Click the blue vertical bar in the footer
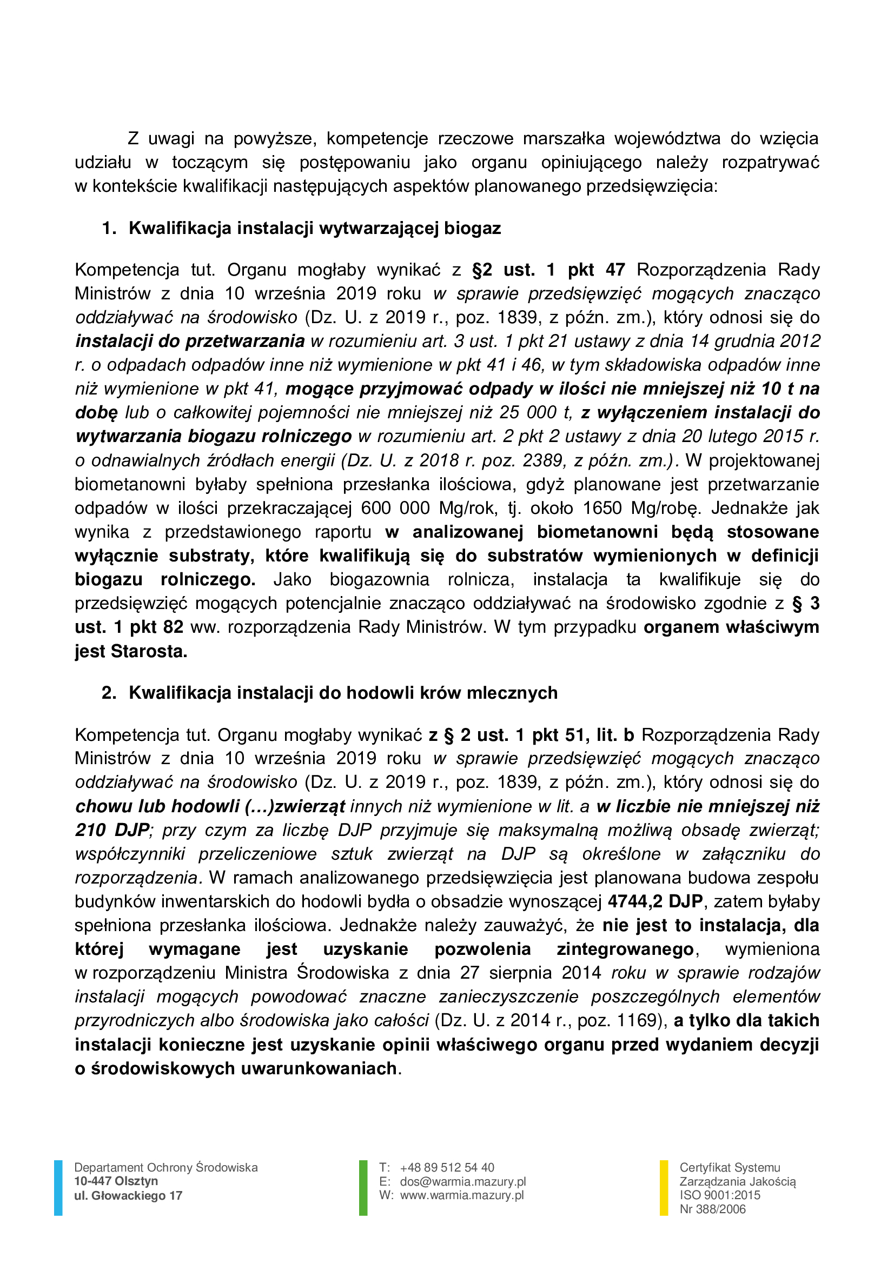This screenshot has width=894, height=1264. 58,1187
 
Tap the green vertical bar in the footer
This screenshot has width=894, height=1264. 363,1187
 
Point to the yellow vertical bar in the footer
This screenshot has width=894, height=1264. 664,1187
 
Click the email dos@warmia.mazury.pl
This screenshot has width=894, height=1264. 463,1181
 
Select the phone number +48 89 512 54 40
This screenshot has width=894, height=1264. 447,1168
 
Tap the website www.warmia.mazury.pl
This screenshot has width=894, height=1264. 461,1195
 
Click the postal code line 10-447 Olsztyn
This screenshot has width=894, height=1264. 116,1181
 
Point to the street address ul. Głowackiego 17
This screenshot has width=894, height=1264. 128,1196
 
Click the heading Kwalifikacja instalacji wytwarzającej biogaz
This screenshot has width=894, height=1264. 315,229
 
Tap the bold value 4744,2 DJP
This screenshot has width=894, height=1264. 655,902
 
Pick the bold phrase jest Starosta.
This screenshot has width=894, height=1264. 131,652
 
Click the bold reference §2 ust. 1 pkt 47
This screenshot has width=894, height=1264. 548,270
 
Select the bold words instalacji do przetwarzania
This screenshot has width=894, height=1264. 190,342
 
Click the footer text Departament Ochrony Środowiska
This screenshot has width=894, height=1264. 166,1168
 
